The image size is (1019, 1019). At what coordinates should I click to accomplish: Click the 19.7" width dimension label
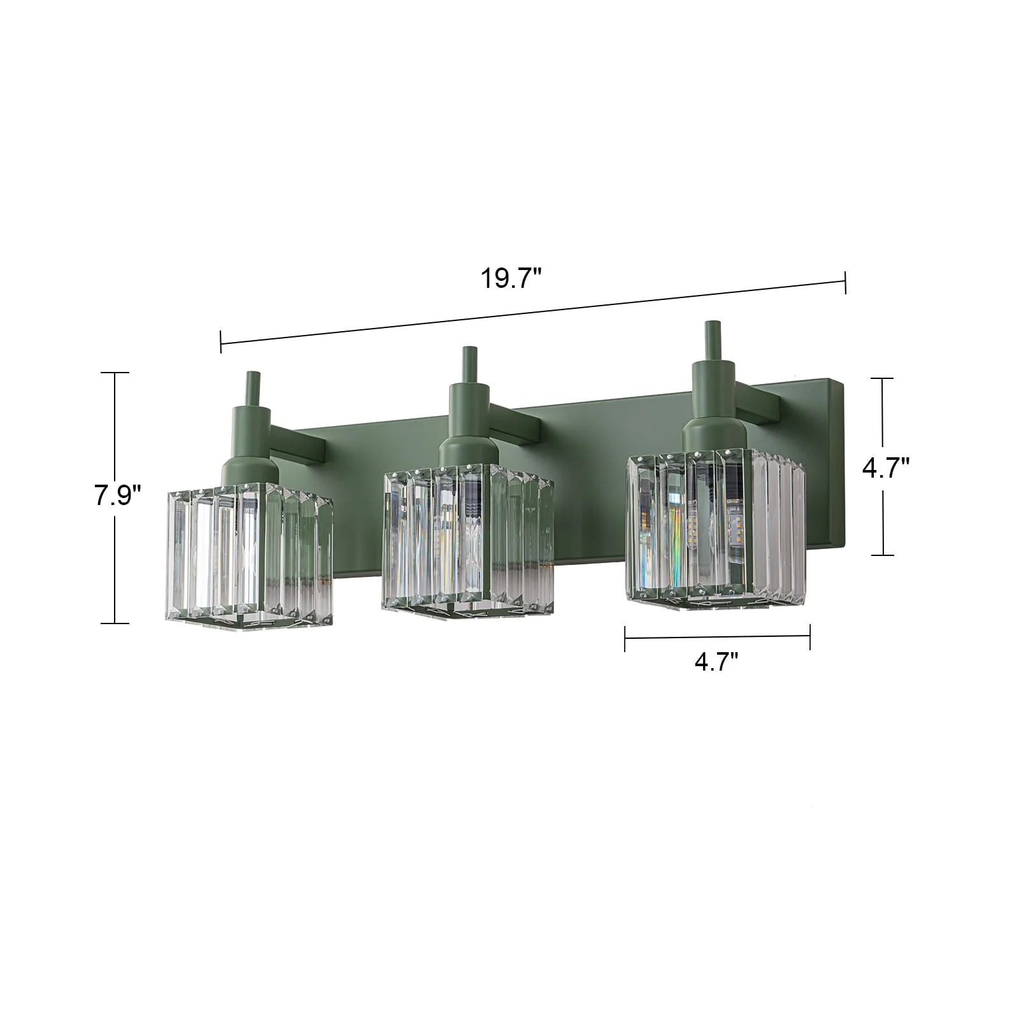(x=511, y=279)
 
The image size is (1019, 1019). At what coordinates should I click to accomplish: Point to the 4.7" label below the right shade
(x=716, y=662)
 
